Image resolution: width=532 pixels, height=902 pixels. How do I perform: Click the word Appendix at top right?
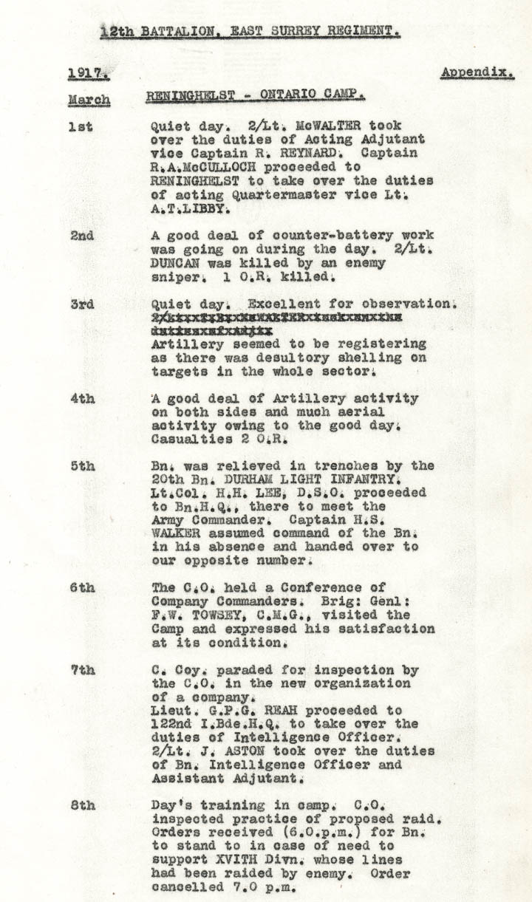(477, 72)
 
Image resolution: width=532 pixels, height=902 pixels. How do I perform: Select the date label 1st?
(81, 126)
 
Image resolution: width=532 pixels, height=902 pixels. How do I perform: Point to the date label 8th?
(83, 804)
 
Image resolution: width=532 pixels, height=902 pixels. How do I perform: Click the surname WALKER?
(174, 533)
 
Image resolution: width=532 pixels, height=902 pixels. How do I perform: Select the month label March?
(89, 100)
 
